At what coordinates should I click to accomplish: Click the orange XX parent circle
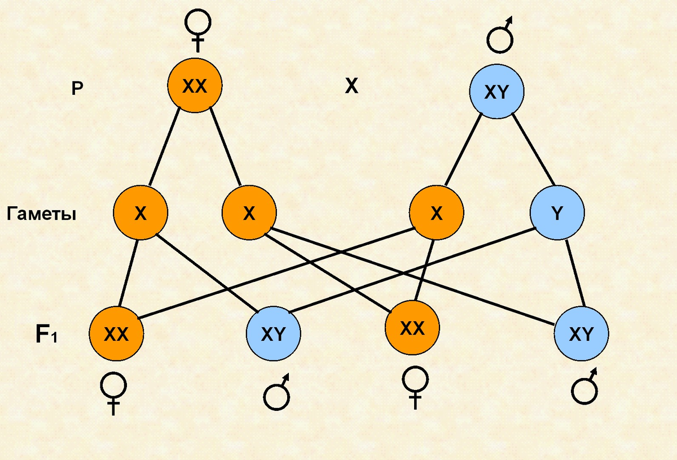(195, 86)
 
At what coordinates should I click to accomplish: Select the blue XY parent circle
(497, 92)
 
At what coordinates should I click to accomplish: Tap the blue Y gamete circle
(557, 213)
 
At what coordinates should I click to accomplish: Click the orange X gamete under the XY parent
(437, 213)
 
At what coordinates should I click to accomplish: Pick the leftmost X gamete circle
(140, 213)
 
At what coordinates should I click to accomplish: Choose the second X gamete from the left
(249, 213)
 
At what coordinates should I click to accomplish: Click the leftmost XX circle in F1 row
(116, 335)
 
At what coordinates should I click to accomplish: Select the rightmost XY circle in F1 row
(581, 335)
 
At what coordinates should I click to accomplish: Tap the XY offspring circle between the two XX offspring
(273, 335)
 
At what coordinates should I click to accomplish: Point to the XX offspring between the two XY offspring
(412, 329)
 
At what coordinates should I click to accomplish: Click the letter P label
(77, 89)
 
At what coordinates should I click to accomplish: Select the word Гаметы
(42, 215)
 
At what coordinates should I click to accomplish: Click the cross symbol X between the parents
(351, 86)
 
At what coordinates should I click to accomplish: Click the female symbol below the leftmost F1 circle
(113, 394)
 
